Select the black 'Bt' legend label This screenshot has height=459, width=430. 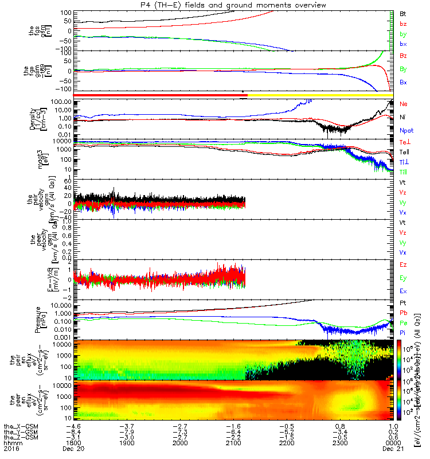(402, 13)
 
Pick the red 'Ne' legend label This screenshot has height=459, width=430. (403, 104)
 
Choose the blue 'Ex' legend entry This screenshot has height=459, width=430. (402, 294)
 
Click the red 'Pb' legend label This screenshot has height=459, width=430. (403, 313)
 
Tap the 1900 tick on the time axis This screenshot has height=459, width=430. (127, 444)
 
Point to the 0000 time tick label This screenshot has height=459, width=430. (393, 444)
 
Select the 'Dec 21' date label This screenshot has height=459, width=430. (393, 450)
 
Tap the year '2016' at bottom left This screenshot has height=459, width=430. (11, 450)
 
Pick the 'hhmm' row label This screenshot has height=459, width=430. (11, 444)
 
